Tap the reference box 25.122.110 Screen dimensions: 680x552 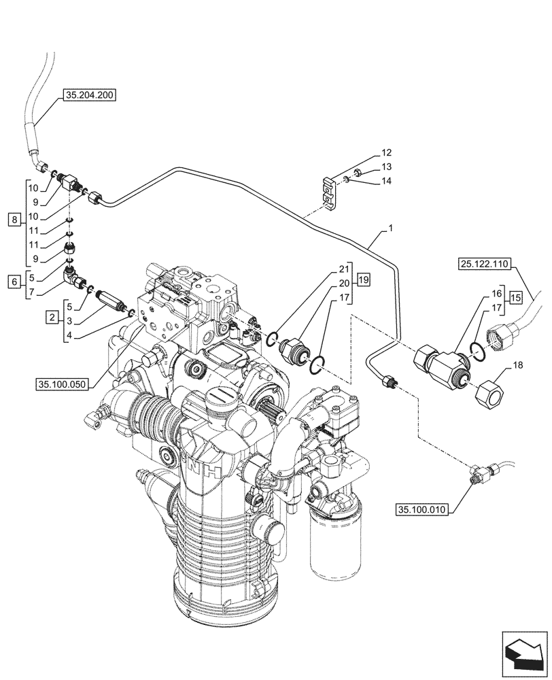coord(484,265)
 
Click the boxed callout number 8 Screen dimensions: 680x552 coord(14,219)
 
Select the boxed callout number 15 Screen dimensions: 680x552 coord(516,297)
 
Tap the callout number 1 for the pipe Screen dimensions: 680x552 coord(390,231)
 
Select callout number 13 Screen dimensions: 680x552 coord(385,167)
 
